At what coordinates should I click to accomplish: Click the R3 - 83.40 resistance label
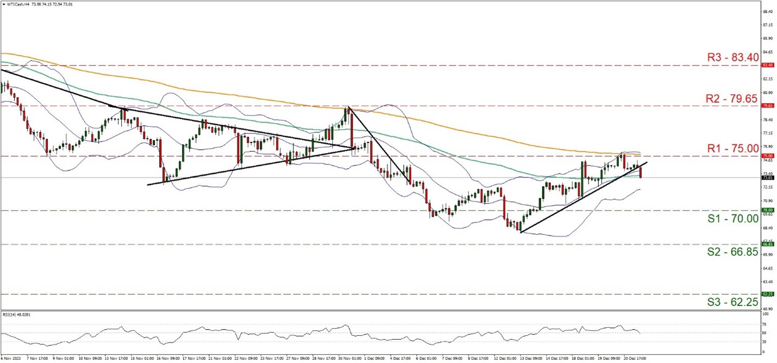coord(732,56)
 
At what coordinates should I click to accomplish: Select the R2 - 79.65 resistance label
coord(732,98)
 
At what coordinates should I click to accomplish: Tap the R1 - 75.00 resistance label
coord(732,148)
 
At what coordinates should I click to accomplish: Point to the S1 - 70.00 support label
coord(732,219)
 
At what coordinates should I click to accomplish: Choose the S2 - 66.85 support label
coord(732,252)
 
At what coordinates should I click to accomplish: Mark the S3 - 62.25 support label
coord(732,302)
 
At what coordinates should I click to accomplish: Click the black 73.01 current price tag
coord(767,177)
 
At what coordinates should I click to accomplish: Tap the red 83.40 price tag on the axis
coord(767,65)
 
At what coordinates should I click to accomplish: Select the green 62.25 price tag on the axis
coord(767,294)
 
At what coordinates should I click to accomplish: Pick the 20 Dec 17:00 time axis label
coord(630,359)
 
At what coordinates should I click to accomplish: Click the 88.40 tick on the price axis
coord(767,11)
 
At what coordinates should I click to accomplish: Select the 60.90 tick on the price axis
coord(767,308)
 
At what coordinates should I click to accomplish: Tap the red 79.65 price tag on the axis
coord(767,105)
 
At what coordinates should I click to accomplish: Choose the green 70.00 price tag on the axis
coord(767,210)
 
